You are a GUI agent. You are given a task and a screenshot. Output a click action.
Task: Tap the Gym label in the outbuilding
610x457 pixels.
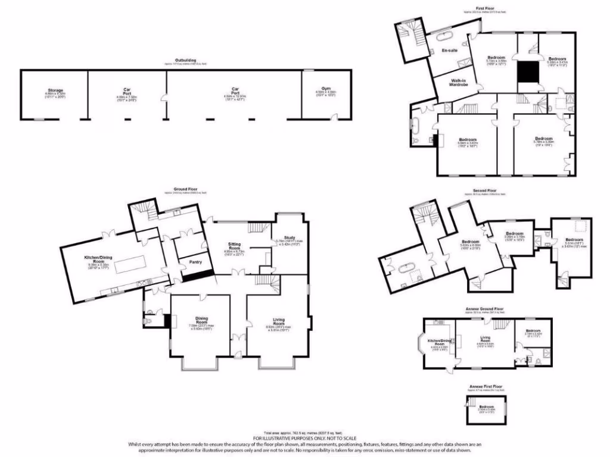point(321,90)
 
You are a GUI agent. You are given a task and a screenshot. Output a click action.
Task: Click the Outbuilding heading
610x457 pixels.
point(182,61)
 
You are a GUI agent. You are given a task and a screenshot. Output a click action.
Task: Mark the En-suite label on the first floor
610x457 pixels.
point(449,51)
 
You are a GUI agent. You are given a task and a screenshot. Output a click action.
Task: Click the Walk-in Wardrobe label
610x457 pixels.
point(457,83)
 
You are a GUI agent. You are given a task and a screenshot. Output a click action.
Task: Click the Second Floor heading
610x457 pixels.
point(484,191)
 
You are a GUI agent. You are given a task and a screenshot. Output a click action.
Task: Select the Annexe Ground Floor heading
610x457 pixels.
point(484,309)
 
